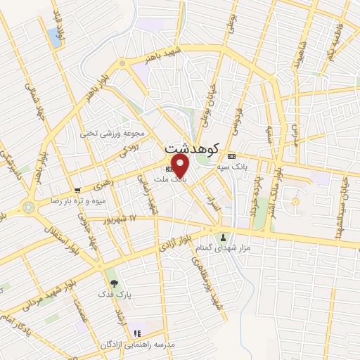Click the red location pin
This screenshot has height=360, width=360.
(x=181, y=167)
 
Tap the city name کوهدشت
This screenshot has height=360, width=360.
(x=191, y=148)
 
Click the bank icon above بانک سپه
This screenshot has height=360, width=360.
(x=231, y=156)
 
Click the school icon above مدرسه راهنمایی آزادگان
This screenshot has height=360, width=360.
(x=138, y=333)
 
